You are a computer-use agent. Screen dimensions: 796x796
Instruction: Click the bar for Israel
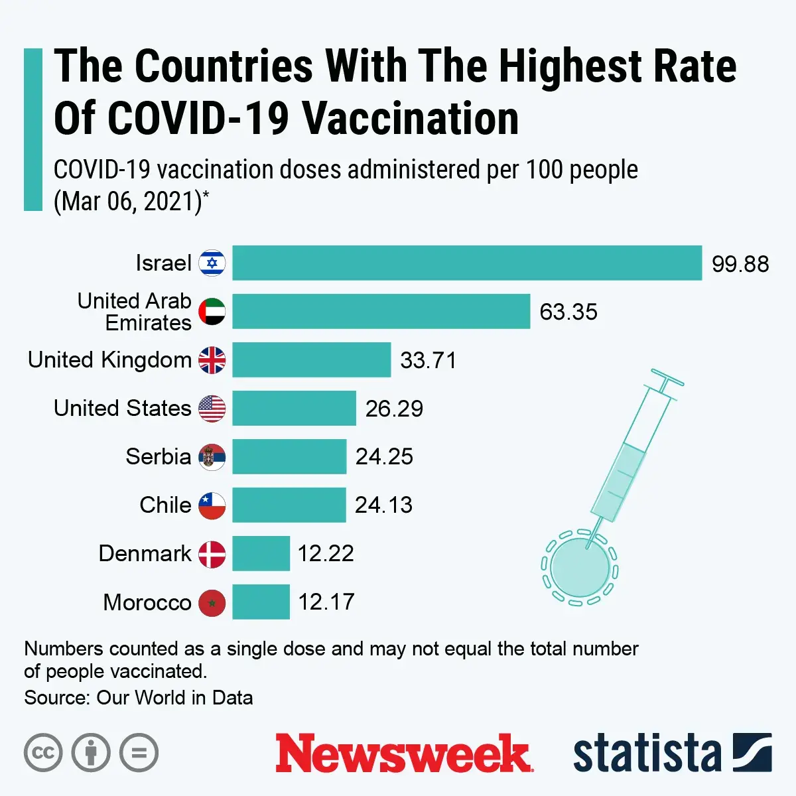[x=466, y=263]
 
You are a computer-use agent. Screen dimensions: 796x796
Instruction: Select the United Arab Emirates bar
[x=381, y=311]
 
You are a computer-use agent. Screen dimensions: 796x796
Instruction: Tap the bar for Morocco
[x=261, y=602]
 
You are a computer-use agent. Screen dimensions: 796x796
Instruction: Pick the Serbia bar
[x=289, y=456]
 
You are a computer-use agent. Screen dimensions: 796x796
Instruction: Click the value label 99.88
[x=740, y=264]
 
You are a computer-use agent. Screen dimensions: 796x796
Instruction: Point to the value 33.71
[x=429, y=360]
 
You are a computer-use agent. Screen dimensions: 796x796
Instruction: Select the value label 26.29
[x=394, y=409]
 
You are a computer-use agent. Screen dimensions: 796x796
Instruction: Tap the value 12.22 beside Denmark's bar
[x=326, y=553]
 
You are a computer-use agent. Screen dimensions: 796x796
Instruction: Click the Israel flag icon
[x=212, y=263]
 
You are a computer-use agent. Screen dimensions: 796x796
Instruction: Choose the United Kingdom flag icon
[x=212, y=360]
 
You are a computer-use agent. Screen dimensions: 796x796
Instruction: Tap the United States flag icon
[x=212, y=409]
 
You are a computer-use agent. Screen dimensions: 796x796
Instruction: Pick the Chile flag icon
[x=212, y=505]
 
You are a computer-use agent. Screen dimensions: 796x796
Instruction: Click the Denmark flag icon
[x=212, y=554]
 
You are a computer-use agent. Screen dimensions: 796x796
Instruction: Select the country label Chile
[x=165, y=505]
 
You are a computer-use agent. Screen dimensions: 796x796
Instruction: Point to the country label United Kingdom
[x=109, y=360]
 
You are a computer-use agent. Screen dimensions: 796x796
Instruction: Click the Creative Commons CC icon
[x=43, y=753]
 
